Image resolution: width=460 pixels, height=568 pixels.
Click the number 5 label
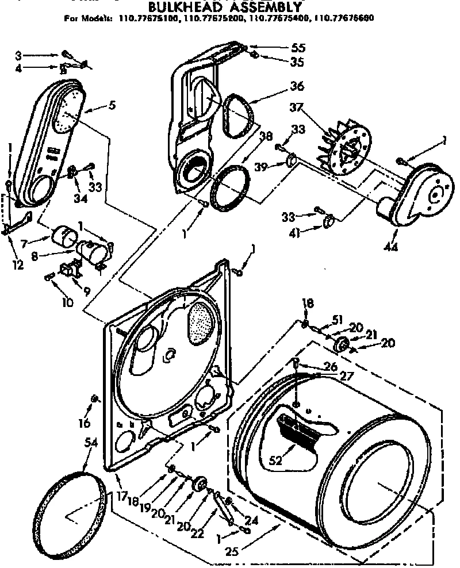(112, 105)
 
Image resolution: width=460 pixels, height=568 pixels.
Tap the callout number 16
(85, 423)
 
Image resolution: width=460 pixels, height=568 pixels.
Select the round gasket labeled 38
(230, 186)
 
